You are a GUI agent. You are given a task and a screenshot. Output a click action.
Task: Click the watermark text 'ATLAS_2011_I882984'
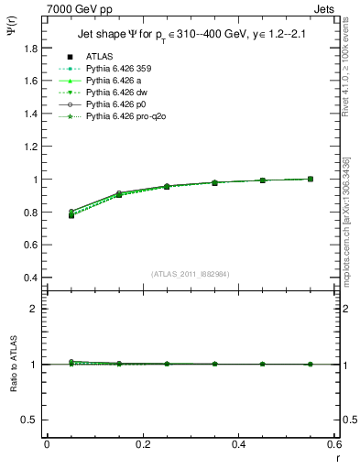coord(190,273)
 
